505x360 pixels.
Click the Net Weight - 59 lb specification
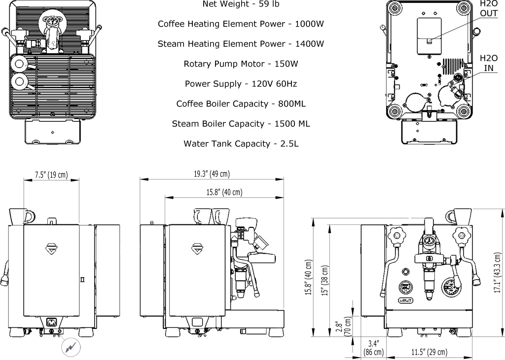coord(241,4)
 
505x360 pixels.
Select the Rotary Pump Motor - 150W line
coord(241,64)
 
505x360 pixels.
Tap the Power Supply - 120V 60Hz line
coord(241,84)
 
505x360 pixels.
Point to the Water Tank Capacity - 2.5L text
coord(241,144)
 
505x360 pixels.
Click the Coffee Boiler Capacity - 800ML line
coord(241,104)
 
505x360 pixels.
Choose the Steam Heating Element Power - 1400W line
coord(241,44)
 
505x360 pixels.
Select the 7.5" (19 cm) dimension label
coord(51,175)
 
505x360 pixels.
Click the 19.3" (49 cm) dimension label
coord(212,174)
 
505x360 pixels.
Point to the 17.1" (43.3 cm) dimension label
coord(498,273)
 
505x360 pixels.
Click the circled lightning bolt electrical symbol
coord(69,347)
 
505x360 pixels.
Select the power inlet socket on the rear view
coord(51,323)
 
